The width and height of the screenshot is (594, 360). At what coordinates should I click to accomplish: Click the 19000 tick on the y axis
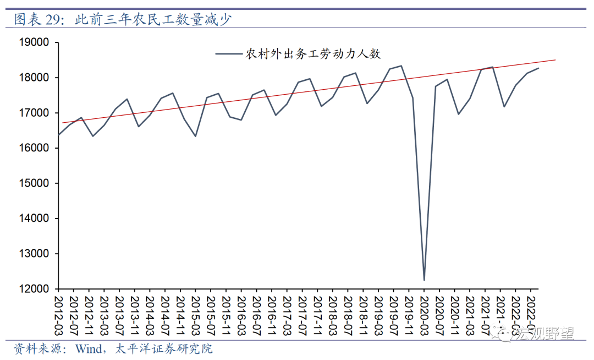pos(34,42)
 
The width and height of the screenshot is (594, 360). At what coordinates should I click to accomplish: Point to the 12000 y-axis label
pos(34,289)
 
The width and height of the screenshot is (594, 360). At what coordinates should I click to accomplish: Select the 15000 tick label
pos(34,183)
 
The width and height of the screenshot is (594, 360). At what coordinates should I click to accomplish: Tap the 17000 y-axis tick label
pos(34,113)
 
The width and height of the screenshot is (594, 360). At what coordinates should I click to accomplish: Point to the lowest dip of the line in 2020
pos(424,280)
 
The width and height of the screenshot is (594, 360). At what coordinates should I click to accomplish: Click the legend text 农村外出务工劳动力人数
pos(313,54)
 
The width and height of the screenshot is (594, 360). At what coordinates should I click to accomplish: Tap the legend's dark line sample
pos(228,54)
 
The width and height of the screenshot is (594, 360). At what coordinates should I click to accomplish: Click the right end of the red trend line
pos(555,59)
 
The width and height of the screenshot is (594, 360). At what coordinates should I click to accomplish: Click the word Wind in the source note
pos(89,348)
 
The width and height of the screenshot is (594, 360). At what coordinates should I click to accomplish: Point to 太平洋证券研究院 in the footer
pos(164,348)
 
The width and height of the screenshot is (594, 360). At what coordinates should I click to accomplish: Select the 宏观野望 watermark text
pos(544,334)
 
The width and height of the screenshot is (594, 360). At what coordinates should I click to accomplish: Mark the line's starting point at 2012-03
pos(59,135)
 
